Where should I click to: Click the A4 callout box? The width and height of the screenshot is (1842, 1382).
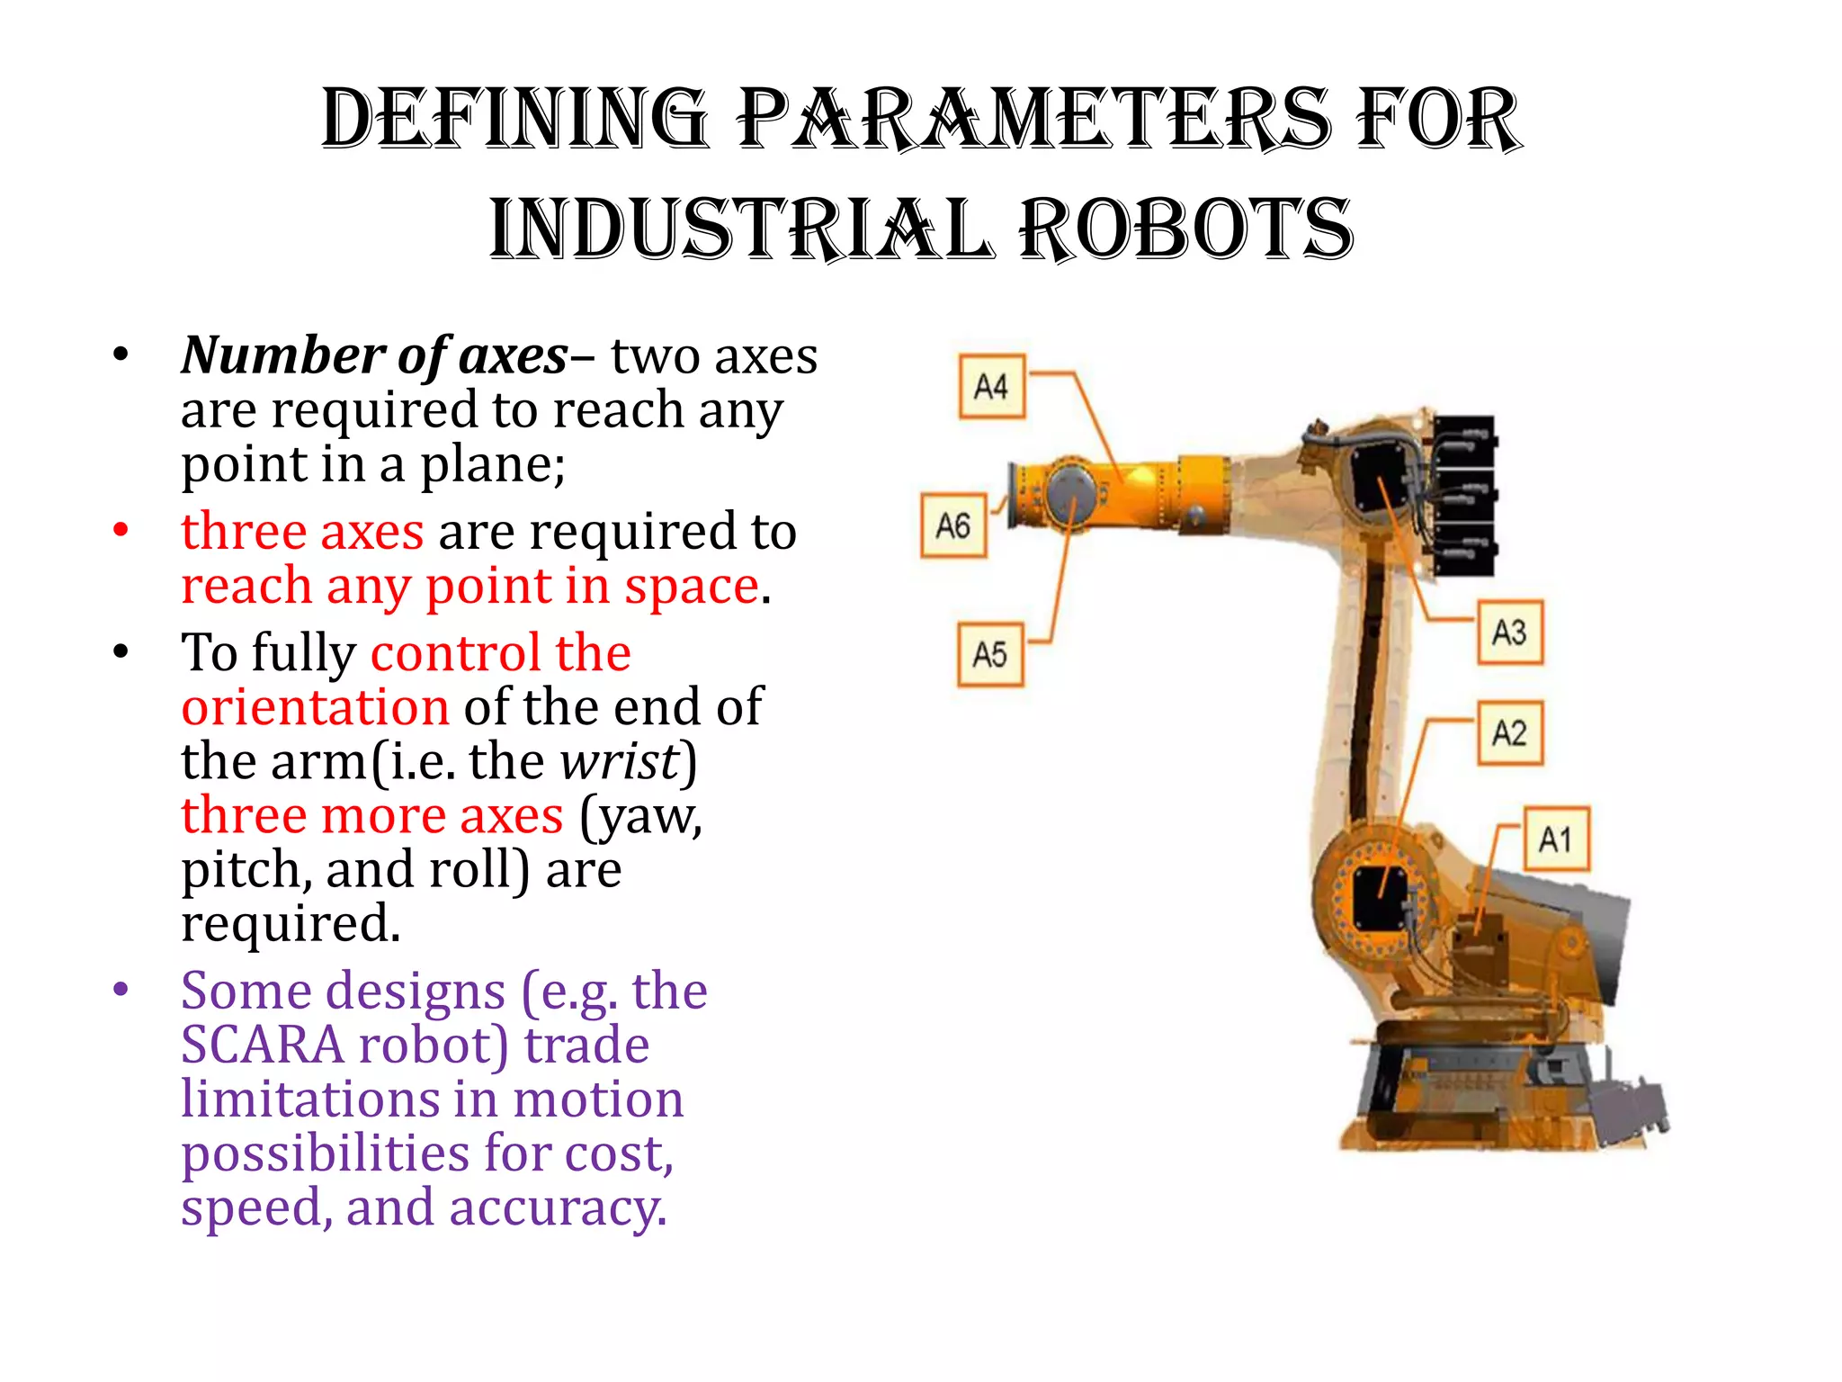[991, 387]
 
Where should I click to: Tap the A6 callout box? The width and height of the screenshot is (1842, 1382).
[953, 525]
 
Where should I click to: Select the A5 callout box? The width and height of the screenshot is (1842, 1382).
[990, 654]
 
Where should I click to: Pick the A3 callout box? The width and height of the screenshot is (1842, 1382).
[1510, 633]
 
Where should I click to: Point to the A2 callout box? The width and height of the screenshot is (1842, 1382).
[1510, 733]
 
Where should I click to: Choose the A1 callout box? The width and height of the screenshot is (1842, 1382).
[1556, 839]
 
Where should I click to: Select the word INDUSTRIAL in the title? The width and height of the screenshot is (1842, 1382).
[741, 229]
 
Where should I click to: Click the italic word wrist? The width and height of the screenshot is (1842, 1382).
[620, 761]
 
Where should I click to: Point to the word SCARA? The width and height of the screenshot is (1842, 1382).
[262, 1045]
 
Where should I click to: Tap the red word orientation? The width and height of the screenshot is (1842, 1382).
[315, 707]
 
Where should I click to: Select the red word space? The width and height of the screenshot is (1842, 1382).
[693, 587]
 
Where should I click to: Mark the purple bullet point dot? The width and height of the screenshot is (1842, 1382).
[121, 991]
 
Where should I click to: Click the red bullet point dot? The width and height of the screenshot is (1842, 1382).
[121, 531]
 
